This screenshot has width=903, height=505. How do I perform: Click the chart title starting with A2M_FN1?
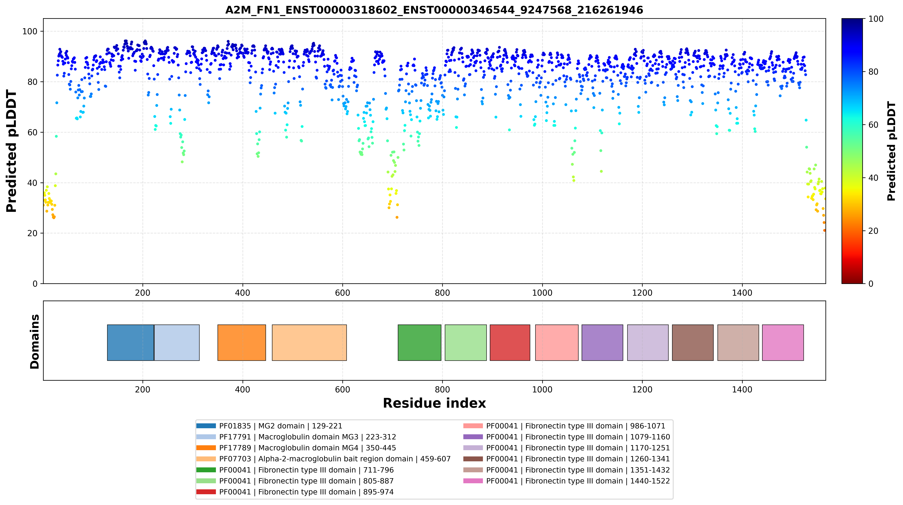(x=434, y=10)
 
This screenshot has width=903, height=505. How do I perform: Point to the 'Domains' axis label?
(x=35, y=341)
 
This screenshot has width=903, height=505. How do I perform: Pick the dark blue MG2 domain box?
(x=130, y=343)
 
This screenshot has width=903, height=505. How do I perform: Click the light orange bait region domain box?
(x=309, y=343)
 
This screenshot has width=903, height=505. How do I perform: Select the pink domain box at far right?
(x=783, y=343)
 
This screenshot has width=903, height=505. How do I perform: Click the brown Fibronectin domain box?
(x=693, y=343)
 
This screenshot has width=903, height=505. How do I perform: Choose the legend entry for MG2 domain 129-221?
(x=269, y=426)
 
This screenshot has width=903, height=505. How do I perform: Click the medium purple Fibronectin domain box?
(x=602, y=343)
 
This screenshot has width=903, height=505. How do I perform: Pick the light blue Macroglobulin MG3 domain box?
(x=177, y=343)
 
